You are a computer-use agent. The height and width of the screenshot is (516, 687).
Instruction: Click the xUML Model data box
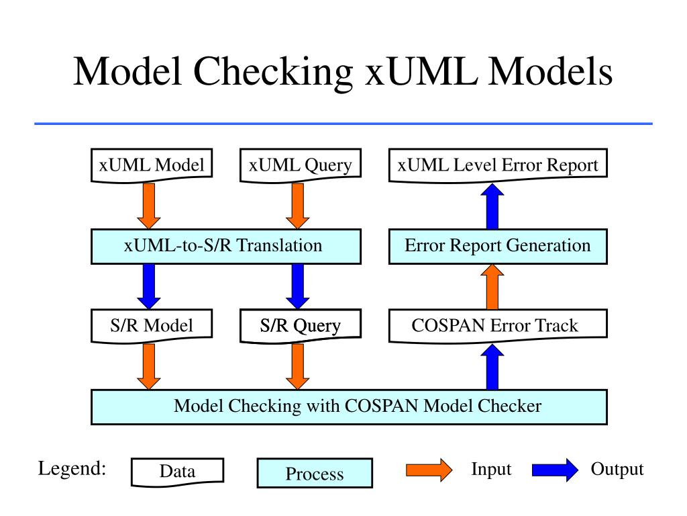(x=152, y=165)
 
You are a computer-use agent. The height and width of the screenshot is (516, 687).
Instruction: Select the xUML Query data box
(x=301, y=165)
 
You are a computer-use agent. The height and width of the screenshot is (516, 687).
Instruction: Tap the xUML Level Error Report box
(x=498, y=165)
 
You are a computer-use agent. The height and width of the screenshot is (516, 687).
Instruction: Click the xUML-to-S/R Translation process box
(x=226, y=246)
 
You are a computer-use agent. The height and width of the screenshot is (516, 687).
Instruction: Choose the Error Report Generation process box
(x=498, y=246)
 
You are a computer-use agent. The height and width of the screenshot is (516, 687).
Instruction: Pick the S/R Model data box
(x=152, y=326)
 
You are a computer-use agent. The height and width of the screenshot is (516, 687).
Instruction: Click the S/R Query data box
(x=301, y=326)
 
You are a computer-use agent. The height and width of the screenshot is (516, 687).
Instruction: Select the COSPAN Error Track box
(x=498, y=326)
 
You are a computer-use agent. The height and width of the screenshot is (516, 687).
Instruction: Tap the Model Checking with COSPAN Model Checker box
(x=349, y=406)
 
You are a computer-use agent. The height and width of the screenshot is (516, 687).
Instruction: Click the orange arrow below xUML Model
(x=149, y=206)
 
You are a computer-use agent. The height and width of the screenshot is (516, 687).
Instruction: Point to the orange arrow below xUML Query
(x=298, y=206)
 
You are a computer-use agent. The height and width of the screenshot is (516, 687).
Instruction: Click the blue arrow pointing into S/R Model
(x=149, y=286)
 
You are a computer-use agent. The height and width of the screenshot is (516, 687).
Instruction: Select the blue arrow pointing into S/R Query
(x=298, y=286)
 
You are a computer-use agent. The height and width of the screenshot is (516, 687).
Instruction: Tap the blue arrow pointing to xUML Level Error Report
(x=492, y=206)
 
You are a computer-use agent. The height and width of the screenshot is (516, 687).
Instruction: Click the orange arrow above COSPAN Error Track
(x=492, y=286)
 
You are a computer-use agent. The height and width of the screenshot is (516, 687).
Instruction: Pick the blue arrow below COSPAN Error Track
(x=492, y=367)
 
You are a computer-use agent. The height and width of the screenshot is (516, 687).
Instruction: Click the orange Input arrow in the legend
(x=429, y=470)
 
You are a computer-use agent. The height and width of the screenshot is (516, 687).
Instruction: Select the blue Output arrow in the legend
(x=555, y=470)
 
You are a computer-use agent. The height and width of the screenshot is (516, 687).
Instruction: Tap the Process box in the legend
(x=315, y=473)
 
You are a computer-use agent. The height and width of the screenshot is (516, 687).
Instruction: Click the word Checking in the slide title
(x=273, y=73)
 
